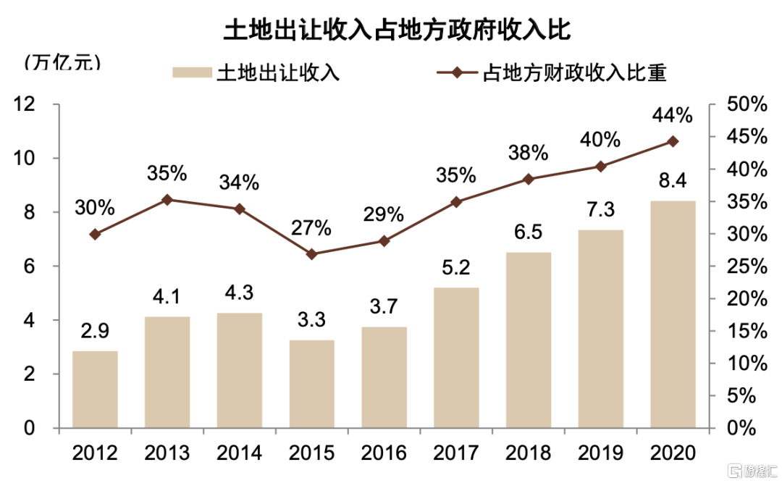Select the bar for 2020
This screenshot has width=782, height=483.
point(673,314)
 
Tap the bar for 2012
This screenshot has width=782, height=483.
point(95,389)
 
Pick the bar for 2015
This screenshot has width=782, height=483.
point(311,384)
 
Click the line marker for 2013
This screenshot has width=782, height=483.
point(167,199)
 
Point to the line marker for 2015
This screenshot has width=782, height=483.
point(311,254)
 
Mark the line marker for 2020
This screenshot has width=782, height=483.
point(673,141)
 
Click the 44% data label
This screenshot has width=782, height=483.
point(673,115)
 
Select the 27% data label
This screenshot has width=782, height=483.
point(311,228)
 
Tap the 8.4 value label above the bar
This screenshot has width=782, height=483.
point(673,177)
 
